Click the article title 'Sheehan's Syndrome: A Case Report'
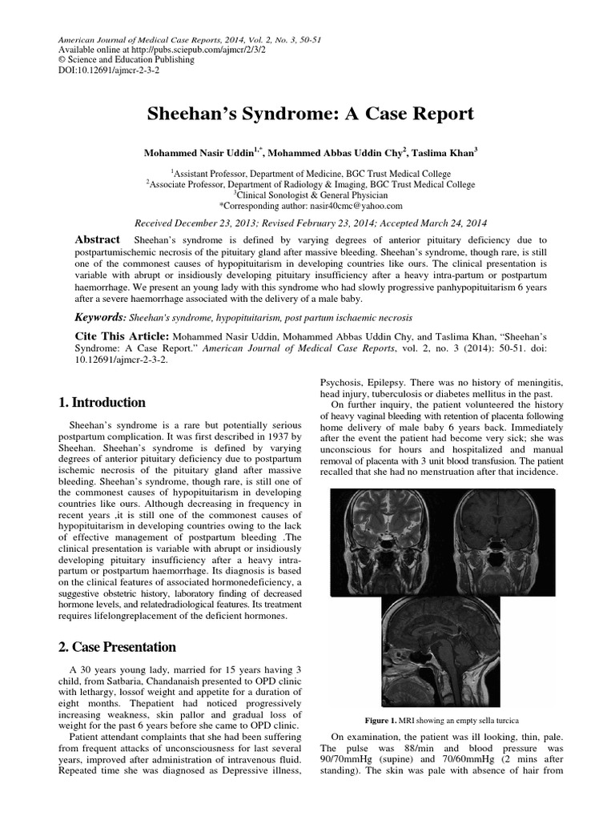pyautogui.click(x=310, y=114)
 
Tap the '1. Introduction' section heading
pyautogui.click(x=103, y=403)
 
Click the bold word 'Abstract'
pyautogui.click(x=98, y=239)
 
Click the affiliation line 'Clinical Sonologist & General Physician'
pyautogui.click(x=310, y=195)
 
